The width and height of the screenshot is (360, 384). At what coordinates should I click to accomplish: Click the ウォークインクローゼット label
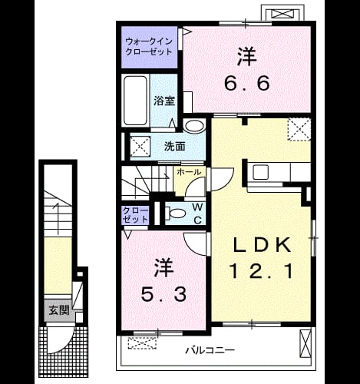[x=149, y=47]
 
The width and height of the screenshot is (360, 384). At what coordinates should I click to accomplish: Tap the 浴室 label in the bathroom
[x=164, y=101]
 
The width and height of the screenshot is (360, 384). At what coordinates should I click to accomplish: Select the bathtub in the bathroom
[x=135, y=101]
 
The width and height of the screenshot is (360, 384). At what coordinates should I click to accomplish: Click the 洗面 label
[x=174, y=147]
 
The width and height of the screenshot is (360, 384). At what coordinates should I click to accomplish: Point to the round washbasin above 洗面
[x=194, y=126]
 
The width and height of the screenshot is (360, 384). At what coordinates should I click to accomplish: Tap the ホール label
[x=189, y=172]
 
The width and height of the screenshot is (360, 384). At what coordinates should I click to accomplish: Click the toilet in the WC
[x=175, y=214]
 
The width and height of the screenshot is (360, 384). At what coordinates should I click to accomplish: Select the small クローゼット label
[x=135, y=215]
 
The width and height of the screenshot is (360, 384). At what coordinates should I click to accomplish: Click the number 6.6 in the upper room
[x=247, y=83]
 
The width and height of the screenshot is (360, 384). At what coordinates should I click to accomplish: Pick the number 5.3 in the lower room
[x=163, y=294]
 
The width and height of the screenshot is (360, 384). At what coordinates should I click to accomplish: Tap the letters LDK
[x=262, y=245]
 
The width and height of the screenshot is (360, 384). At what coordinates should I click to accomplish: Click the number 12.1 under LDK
[x=261, y=271]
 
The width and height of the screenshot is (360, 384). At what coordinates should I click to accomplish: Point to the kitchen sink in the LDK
[x=261, y=172]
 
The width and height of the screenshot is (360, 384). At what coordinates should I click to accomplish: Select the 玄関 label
[x=59, y=310]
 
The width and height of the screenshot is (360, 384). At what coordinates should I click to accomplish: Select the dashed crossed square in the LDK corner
[x=299, y=129]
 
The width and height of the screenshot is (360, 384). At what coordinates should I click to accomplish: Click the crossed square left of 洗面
[x=140, y=146]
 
